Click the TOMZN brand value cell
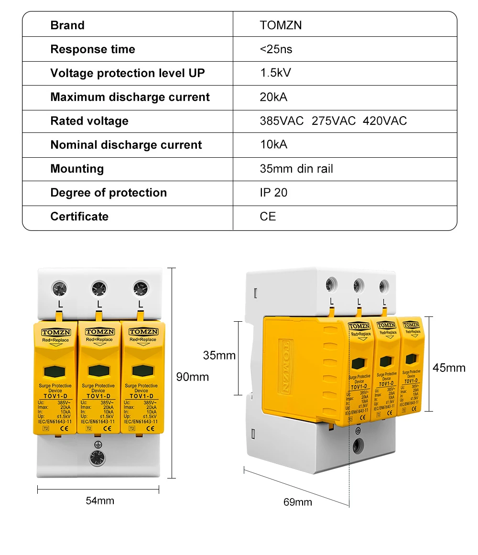(281, 25)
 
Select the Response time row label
(93, 49)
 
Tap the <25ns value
(276, 49)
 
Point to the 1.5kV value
(275, 73)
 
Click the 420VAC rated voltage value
(385, 121)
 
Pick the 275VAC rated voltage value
(334, 121)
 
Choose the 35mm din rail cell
(296, 169)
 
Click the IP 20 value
(274, 193)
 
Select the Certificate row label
(79, 217)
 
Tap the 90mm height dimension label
(193, 377)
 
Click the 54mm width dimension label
(100, 501)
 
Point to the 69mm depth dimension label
(297, 502)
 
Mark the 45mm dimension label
(449, 368)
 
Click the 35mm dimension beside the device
(219, 356)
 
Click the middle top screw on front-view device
(99, 288)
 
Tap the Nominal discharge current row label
(126, 145)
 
